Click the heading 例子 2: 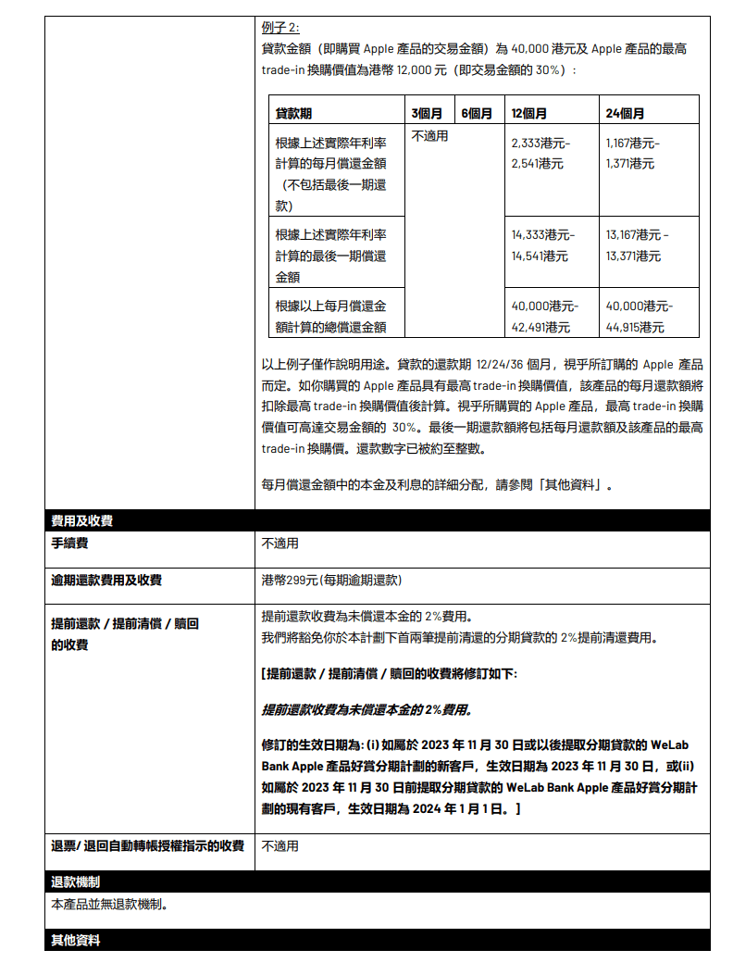click(x=280, y=27)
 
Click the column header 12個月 click(x=528, y=114)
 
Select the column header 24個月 click(x=625, y=114)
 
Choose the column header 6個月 click(x=477, y=114)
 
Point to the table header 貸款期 click(x=293, y=114)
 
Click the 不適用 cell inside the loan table click(x=429, y=136)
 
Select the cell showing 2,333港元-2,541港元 click(x=541, y=154)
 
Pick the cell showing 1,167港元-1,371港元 click(x=633, y=154)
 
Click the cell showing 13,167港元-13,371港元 click(x=637, y=244)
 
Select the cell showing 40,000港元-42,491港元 click(x=544, y=316)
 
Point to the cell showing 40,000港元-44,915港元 click(x=640, y=316)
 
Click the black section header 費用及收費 click(x=82, y=521)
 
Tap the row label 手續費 click(x=70, y=544)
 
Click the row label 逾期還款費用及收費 click(x=106, y=581)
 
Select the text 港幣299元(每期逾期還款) click(x=331, y=581)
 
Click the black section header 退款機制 click(x=76, y=881)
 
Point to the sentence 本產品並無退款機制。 click(x=109, y=904)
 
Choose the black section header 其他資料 click(x=76, y=940)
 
